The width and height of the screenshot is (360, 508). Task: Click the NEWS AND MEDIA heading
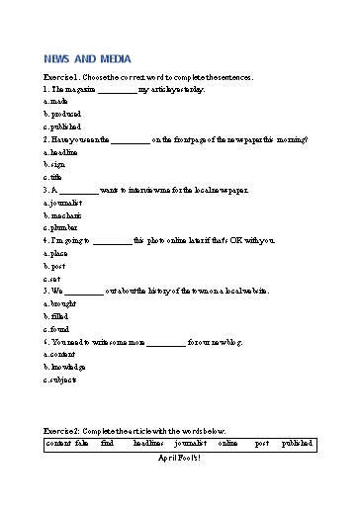(87, 59)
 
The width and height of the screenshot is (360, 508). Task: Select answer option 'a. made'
(56, 102)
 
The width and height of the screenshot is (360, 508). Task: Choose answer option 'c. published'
(63, 127)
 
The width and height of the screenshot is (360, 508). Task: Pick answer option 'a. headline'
(62, 152)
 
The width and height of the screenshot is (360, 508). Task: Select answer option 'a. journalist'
(63, 203)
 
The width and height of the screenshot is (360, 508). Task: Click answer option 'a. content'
(60, 354)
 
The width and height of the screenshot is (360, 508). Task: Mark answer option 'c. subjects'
(61, 380)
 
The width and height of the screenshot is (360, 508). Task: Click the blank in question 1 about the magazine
(118, 90)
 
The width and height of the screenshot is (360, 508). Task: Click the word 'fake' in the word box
(81, 445)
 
